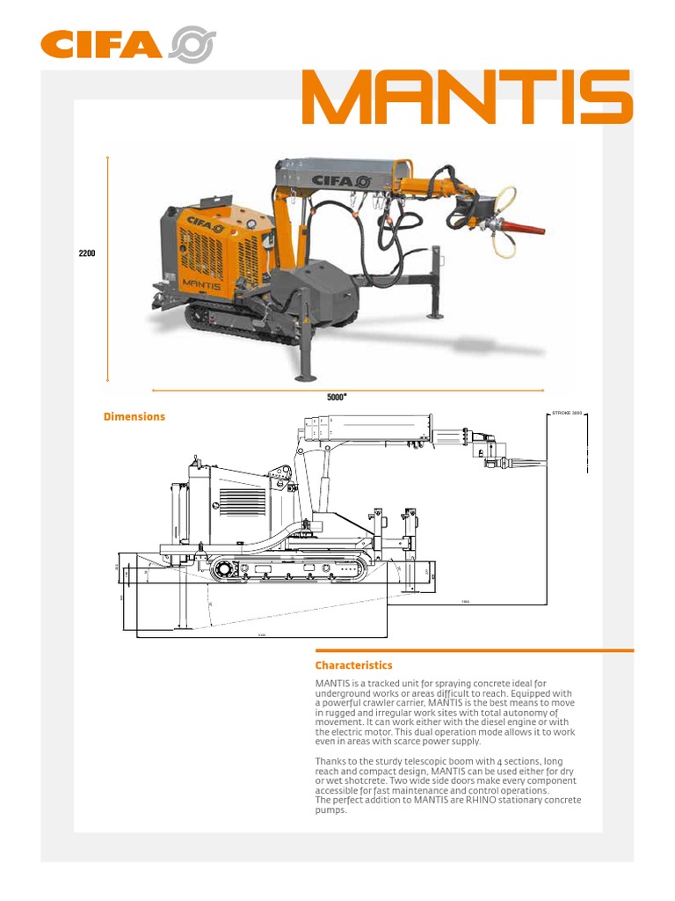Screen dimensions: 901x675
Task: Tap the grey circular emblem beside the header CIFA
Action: [x=192, y=45]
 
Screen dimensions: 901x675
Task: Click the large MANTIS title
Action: [x=467, y=97]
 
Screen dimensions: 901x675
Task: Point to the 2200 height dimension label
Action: [x=87, y=253]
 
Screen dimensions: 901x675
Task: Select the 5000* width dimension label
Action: [x=337, y=397]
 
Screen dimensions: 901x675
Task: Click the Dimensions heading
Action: [x=134, y=416]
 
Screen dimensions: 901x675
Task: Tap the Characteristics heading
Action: [x=353, y=665]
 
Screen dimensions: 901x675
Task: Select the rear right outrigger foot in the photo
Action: [x=435, y=314]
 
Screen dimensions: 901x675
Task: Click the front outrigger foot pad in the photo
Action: [x=306, y=377]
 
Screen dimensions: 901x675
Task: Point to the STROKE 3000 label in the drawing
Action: [x=567, y=412]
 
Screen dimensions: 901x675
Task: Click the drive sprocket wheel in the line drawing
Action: [x=223, y=570]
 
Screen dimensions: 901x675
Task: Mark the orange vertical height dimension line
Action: [x=107, y=268]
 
